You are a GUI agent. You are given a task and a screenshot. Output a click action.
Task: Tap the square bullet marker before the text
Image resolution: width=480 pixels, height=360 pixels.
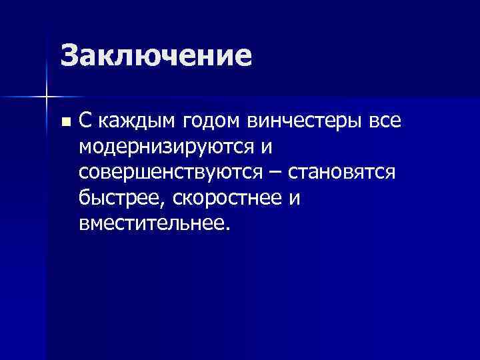pyautogui.click(x=64, y=121)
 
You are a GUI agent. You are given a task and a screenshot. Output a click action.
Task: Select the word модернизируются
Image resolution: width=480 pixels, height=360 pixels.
pyautogui.click(x=167, y=147)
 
